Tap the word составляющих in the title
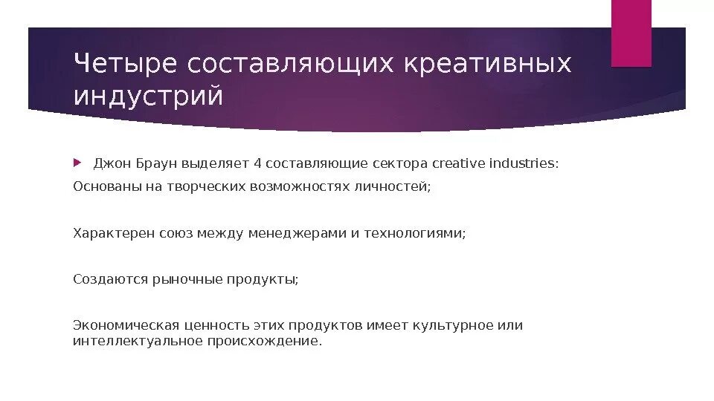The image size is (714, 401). (290, 65)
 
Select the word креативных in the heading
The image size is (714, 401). (488, 65)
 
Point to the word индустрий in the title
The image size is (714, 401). (148, 97)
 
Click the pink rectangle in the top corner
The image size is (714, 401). (631, 33)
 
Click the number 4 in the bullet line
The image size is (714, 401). (257, 163)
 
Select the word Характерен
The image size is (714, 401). (114, 233)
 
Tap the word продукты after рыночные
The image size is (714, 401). (260, 279)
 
